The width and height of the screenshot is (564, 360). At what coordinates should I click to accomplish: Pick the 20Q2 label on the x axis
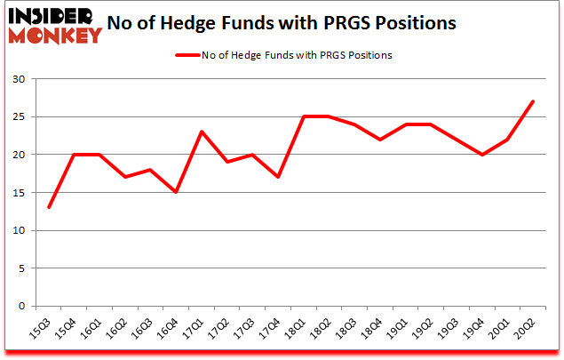(x=532, y=329)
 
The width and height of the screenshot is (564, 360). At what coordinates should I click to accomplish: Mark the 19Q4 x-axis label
(x=481, y=329)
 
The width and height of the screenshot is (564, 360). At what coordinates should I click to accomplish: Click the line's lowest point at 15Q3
(x=49, y=207)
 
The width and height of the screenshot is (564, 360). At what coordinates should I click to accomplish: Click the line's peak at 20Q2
(x=533, y=101)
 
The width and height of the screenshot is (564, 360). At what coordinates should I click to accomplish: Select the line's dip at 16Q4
(x=178, y=192)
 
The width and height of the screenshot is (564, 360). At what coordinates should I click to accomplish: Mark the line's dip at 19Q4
(x=481, y=155)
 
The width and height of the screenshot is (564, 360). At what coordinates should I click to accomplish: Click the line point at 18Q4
(x=379, y=140)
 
